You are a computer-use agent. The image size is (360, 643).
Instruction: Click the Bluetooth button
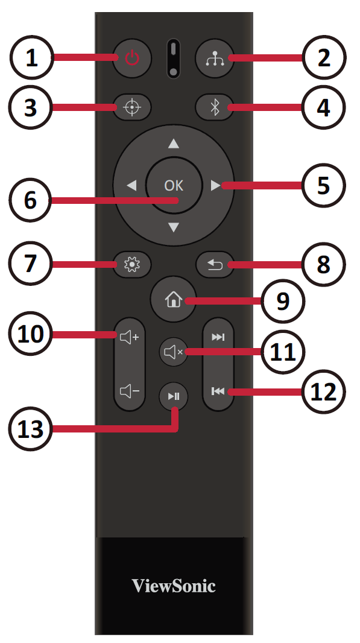pyautogui.click(x=215, y=107)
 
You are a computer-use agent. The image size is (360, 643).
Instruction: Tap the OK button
pyautogui.click(x=174, y=185)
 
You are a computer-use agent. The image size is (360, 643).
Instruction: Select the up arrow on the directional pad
pyautogui.click(x=174, y=144)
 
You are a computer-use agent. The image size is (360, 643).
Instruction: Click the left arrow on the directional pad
pyautogui.click(x=131, y=186)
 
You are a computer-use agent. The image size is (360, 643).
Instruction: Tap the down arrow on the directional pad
pyautogui.click(x=174, y=227)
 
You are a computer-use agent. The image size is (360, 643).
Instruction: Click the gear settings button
pyautogui.click(x=132, y=265)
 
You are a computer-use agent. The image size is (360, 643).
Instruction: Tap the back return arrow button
pyautogui.click(x=215, y=265)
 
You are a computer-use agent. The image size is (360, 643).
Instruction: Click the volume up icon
pyautogui.click(x=130, y=338)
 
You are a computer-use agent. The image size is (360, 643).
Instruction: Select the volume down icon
pyautogui.click(x=130, y=391)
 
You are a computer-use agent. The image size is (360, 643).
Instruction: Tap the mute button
pyautogui.click(x=174, y=352)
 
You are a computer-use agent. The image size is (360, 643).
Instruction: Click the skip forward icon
pyautogui.click(x=218, y=337)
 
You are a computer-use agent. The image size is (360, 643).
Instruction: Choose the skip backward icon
pyautogui.click(x=218, y=391)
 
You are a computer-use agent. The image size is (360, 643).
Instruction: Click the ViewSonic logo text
pyautogui.click(x=174, y=586)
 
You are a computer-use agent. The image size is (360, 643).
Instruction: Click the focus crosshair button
pyautogui.click(x=132, y=107)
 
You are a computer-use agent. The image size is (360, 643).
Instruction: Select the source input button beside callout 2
pyautogui.click(x=215, y=59)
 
